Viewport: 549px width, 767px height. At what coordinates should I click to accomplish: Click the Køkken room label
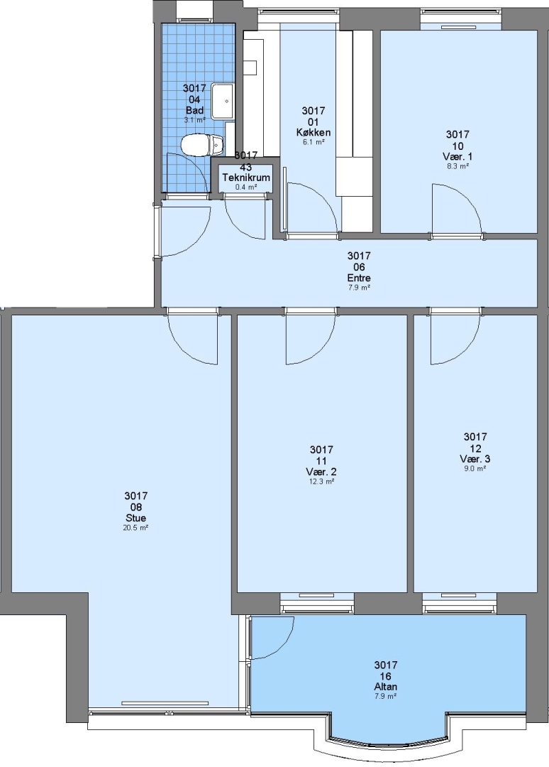314,132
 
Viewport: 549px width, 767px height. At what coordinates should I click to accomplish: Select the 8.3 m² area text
457,166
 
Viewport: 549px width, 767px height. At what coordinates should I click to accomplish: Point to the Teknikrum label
246,177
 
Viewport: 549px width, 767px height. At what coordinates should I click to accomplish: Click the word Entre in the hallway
359,278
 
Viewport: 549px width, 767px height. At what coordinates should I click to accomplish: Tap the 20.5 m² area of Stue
135,528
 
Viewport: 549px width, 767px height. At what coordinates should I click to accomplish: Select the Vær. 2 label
321,472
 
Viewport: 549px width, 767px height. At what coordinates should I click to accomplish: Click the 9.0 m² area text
475,469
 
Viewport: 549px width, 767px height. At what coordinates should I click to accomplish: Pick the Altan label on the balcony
386,687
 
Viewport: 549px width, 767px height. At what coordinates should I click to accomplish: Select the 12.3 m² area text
321,482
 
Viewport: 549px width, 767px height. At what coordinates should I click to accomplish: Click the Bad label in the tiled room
194,111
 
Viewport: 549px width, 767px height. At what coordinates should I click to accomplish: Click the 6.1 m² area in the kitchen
314,142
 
